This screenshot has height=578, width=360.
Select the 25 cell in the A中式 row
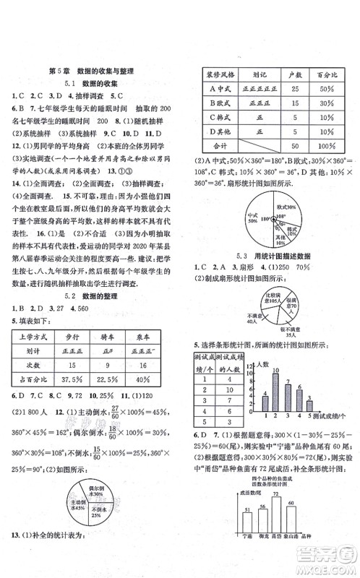point(296,89)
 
